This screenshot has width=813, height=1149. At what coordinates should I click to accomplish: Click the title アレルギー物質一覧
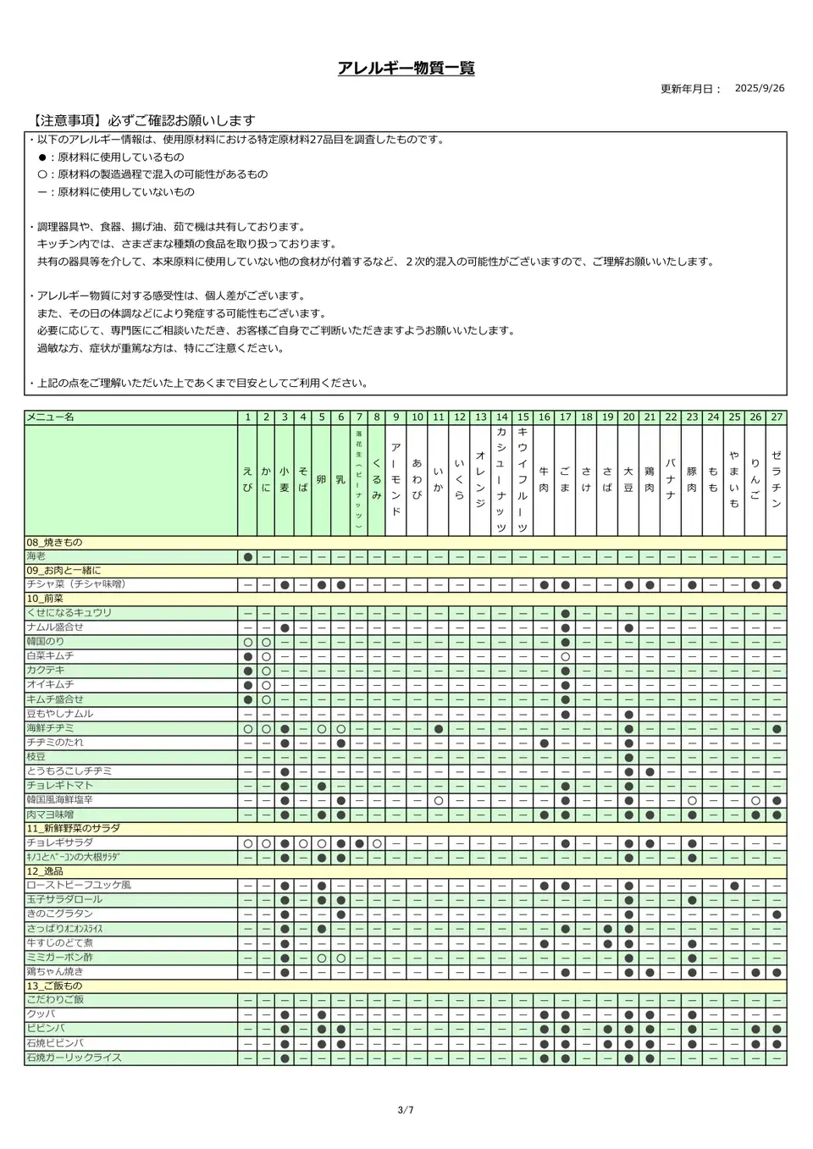point(406,69)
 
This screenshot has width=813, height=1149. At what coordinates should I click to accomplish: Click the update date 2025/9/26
point(759,88)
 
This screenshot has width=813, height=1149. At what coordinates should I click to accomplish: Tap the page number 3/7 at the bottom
point(406,1110)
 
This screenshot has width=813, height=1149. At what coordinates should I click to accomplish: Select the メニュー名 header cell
point(51,417)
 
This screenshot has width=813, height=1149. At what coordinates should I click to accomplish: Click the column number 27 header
point(777,417)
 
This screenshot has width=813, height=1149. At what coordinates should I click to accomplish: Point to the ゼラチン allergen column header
point(777,480)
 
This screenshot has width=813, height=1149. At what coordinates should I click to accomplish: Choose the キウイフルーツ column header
point(523,480)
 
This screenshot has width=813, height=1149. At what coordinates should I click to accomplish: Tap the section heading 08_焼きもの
point(54,543)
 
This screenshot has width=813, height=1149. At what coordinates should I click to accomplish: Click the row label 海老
point(36,557)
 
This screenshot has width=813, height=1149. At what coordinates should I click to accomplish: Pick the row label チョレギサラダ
point(59,843)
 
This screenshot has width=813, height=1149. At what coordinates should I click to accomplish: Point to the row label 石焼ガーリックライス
point(74,1058)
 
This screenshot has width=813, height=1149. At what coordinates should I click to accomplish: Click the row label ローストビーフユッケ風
point(78,886)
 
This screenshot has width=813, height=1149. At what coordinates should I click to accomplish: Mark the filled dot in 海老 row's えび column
point(248,557)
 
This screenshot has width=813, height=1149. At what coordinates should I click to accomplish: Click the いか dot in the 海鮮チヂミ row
point(438,729)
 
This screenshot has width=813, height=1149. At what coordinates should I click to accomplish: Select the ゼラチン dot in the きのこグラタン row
point(777,914)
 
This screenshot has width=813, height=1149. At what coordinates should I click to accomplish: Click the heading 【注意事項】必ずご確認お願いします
point(142,121)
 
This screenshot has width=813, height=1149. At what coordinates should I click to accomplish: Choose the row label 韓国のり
point(45,643)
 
